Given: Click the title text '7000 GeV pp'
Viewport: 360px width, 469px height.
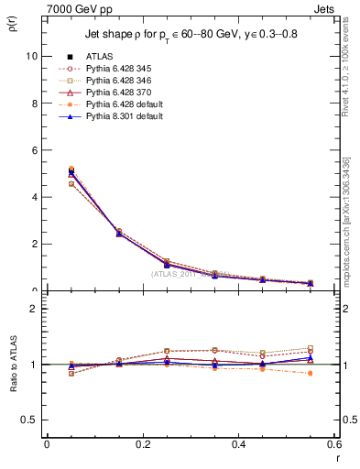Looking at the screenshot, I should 73,8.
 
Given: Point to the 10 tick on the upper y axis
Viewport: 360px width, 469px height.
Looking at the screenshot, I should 33,56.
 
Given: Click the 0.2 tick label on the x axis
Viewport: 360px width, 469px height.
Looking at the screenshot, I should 142,443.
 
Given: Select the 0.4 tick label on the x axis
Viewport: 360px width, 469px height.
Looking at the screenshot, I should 238,443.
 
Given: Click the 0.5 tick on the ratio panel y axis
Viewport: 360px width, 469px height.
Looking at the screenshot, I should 31,420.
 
